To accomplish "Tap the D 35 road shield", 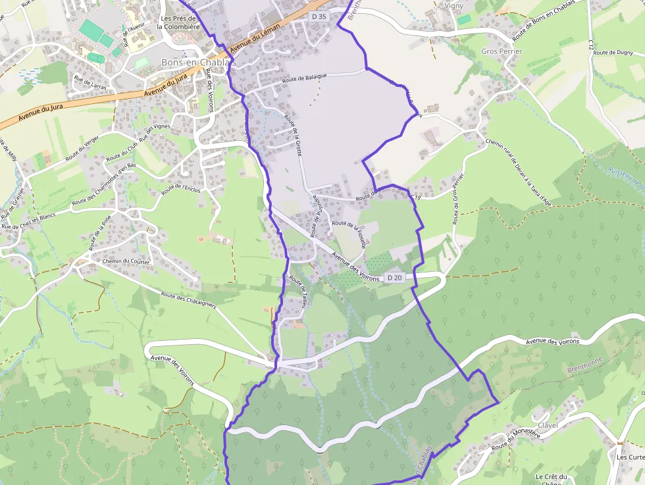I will click(319, 16).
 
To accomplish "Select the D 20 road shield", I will click(394, 278).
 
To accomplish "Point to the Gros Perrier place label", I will click(502, 51).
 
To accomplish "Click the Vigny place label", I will click(454, 6).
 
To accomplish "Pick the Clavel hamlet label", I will click(548, 425).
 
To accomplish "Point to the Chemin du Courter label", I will click(126, 261).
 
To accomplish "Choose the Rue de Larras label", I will click(90, 82).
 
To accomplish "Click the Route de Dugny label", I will click(613, 52).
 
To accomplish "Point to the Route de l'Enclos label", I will click(181, 190).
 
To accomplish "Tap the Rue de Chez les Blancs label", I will click(28, 222).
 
